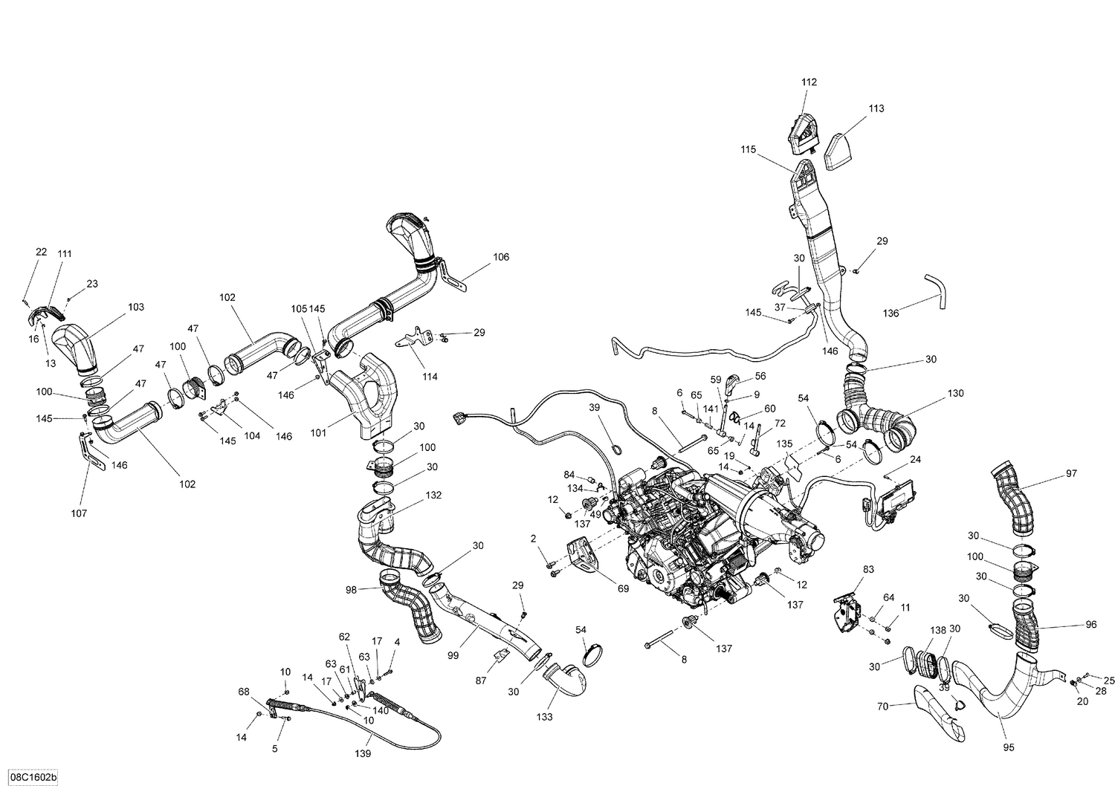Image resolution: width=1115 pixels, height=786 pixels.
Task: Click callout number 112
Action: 809,82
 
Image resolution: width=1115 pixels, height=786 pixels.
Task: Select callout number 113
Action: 876,108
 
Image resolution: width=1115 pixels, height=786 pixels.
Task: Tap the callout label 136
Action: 891,313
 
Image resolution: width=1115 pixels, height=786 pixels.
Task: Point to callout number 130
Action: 956,392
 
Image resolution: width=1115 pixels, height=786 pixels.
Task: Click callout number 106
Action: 501,257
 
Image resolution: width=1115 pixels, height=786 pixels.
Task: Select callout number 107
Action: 80,513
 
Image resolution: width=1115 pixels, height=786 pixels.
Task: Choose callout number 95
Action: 1009,747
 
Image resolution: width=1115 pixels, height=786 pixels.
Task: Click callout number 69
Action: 622,589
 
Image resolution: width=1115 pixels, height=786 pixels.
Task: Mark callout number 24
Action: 915,460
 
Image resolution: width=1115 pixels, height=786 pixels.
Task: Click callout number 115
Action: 748,149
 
